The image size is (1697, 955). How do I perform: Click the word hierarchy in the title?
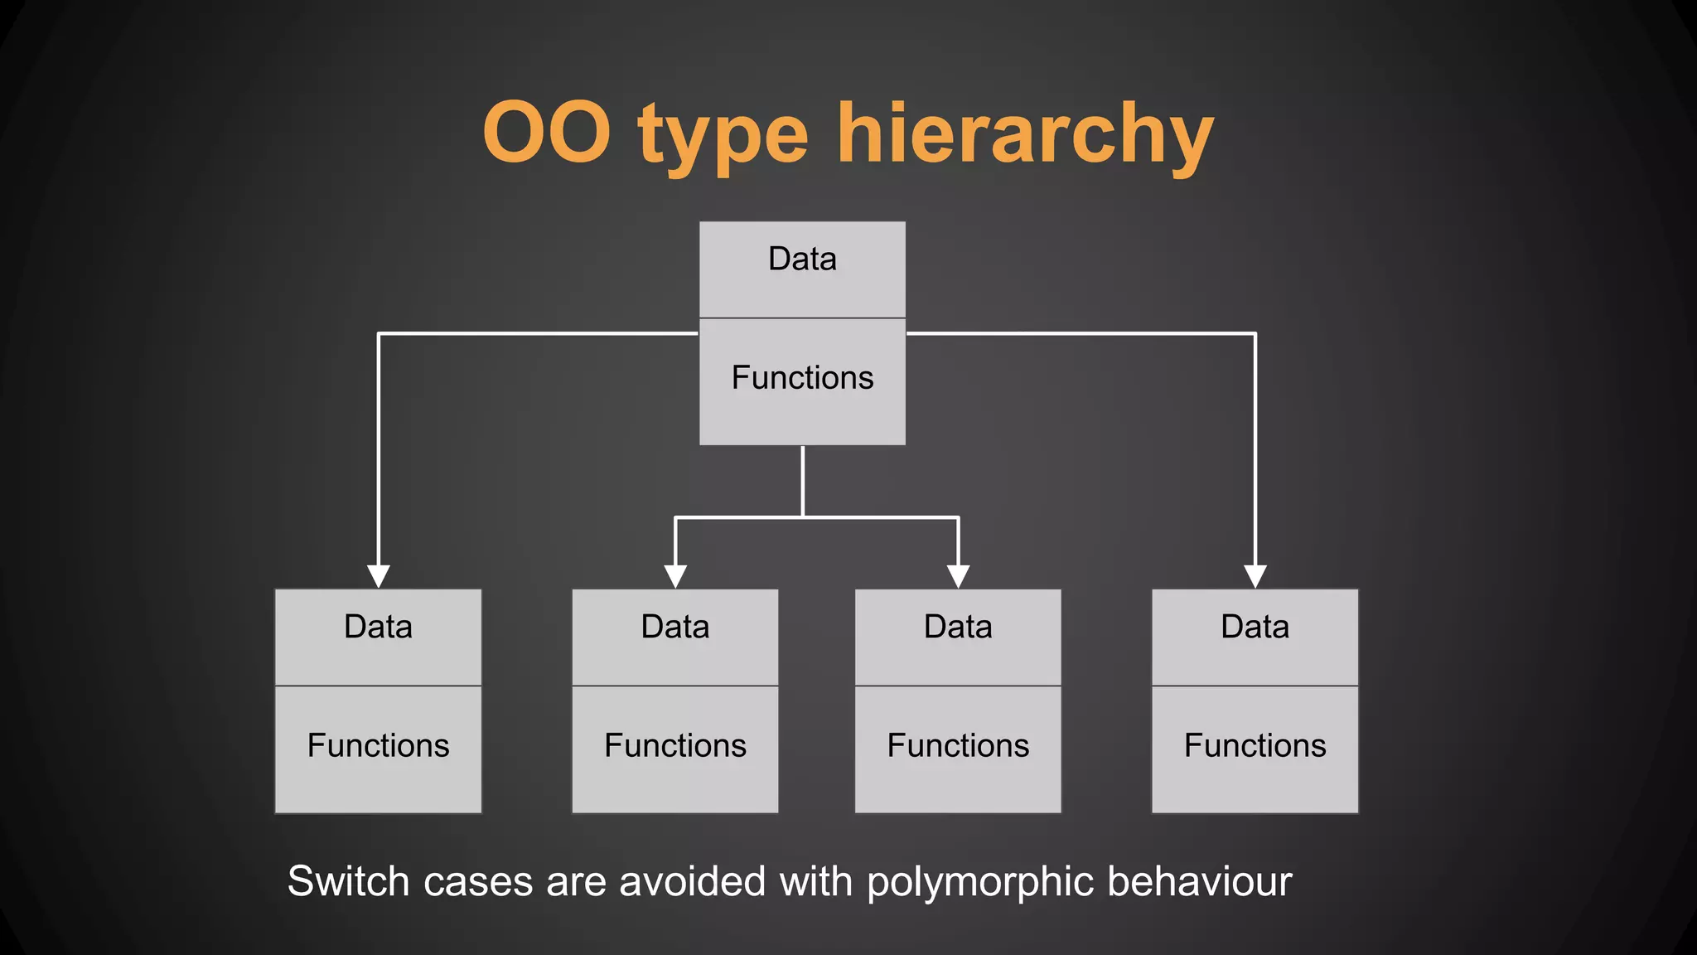(1025, 134)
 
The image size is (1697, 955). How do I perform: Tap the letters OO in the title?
(547, 133)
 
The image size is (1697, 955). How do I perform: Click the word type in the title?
(723, 137)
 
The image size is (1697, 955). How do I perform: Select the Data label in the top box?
(802, 259)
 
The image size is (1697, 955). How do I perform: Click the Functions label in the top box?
(802, 378)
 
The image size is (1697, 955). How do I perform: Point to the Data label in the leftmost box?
(378, 627)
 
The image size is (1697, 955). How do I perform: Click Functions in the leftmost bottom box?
(378, 745)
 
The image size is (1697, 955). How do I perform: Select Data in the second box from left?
(675, 627)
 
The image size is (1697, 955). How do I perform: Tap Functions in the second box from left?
(675, 745)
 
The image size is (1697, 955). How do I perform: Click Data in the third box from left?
(958, 627)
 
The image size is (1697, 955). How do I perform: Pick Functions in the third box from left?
(958, 745)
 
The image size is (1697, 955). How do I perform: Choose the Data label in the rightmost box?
(1255, 627)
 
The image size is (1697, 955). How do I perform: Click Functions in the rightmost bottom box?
(1255, 745)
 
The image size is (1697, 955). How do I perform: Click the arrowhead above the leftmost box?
(379, 576)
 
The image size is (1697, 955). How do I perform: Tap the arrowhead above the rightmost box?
(1255, 576)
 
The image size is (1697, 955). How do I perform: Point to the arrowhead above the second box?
(675, 576)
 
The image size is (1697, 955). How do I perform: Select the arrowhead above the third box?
(959, 576)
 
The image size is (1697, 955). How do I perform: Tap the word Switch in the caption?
(348, 881)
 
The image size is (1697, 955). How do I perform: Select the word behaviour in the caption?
(1199, 881)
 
